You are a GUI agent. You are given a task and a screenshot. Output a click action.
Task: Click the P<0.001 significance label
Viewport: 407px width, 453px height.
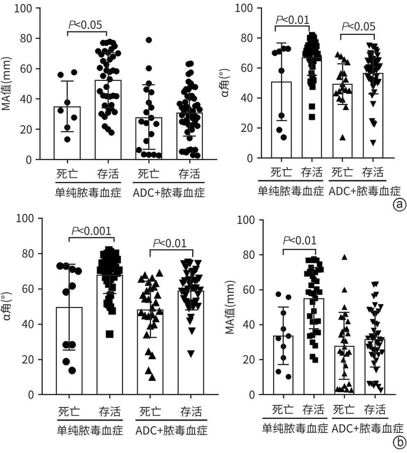91,231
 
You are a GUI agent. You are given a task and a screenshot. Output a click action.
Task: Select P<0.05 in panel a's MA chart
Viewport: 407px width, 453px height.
85,25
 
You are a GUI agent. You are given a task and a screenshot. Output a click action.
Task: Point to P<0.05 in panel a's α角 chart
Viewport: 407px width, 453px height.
359,27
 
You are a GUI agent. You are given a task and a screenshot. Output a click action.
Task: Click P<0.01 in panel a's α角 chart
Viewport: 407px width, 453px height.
292,19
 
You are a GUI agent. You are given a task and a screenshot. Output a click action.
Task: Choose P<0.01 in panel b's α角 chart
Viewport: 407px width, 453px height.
170,243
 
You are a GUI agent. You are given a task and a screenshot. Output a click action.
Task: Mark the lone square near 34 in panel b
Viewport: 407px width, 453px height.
110,334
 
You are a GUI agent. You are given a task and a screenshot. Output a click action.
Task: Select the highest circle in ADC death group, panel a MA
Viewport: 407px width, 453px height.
149,40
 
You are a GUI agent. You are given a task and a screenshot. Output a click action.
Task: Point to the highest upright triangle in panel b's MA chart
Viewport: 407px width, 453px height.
345,257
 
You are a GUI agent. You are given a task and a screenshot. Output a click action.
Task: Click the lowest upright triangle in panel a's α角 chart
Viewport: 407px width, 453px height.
342,137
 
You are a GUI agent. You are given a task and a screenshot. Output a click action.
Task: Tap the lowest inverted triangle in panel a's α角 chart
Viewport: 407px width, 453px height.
373,143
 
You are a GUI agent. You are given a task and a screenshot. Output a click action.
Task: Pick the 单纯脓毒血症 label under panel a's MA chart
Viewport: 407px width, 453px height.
87,192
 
